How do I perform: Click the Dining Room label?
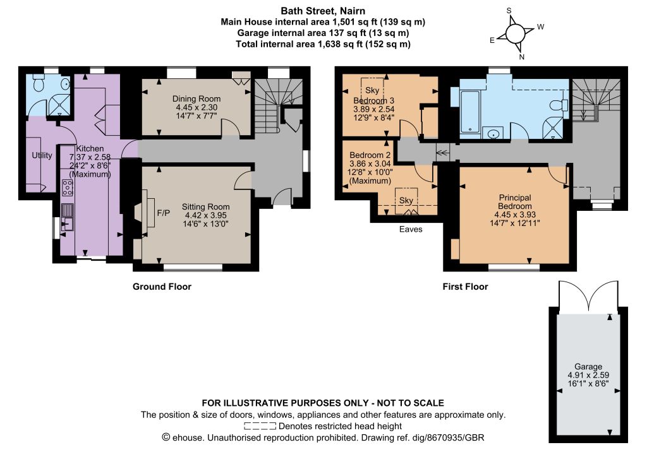pyautogui.click(x=197, y=99)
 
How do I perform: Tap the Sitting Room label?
pyautogui.click(x=205, y=207)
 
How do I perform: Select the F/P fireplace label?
pyautogui.click(x=164, y=213)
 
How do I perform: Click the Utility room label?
pyautogui.click(x=42, y=155)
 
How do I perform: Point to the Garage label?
pyautogui.click(x=588, y=367)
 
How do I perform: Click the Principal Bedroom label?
pyautogui.click(x=514, y=202)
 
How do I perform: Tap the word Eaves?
pyautogui.click(x=411, y=229)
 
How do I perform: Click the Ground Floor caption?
pyautogui.click(x=162, y=287)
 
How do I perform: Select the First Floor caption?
pyautogui.click(x=465, y=287)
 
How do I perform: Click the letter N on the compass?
pyautogui.click(x=521, y=57)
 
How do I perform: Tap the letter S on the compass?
pyautogui.click(x=509, y=11)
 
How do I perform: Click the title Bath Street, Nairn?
pyautogui.click(x=323, y=11)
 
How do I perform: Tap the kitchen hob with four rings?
pyautogui.click(x=68, y=187)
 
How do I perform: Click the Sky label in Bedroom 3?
pyautogui.click(x=372, y=90)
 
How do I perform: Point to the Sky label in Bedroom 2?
pyautogui.click(x=406, y=200)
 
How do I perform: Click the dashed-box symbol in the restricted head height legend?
pyautogui.click(x=260, y=426)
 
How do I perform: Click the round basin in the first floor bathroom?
pyautogui.click(x=493, y=134)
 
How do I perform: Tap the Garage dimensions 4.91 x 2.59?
pyautogui.click(x=588, y=376)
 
